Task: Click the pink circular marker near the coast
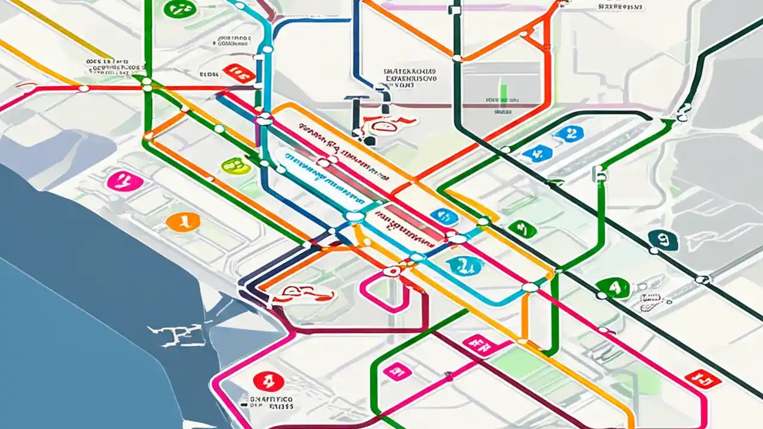click(x=125, y=181)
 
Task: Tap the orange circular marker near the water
click(x=183, y=222)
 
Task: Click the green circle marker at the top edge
click(x=179, y=8)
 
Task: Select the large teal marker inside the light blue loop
click(x=464, y=266)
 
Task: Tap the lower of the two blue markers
click(x=537, y=154)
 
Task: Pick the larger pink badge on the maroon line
click(x=480, y=344)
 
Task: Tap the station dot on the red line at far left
click(x=84, y=89)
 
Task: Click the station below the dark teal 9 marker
click(x=702, y=279)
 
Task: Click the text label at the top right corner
click(x=620, y=7)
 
